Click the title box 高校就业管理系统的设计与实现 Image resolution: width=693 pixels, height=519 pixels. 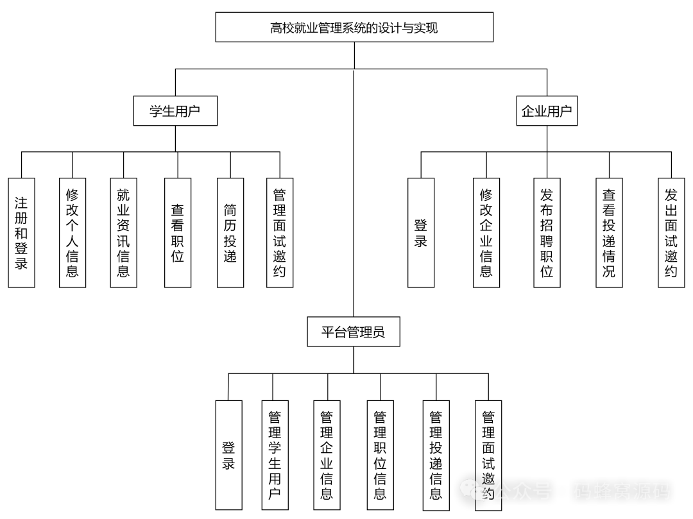(x=354, y=27)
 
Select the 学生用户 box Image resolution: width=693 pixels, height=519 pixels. (x=175, y=111)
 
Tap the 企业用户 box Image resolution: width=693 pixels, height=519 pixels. (x=547, y=111)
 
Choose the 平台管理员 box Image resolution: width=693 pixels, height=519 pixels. (x=354, y=332)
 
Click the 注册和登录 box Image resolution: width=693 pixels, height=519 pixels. (x=21, y=232)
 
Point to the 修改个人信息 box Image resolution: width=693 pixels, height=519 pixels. (x=73, y=232)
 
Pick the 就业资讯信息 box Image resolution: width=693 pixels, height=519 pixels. (x=123, y=232)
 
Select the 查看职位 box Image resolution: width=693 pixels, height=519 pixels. (x=178, y=232)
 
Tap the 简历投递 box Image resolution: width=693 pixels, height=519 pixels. (x=230, y=232)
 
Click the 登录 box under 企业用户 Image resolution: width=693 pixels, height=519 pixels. (x=421, y=232)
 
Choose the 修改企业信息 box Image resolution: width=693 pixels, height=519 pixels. (x=486, y=232)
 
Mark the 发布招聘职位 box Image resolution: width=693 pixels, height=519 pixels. (x=547, y=232)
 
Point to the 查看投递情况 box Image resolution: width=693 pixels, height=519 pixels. (x=609, y=232)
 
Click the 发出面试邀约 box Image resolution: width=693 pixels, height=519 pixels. (x=671, y=232)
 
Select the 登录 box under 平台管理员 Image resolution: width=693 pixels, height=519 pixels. (x=228, y=455)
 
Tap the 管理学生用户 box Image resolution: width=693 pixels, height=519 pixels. (x=275, y=455)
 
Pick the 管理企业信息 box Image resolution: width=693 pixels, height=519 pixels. (x=327, y=455)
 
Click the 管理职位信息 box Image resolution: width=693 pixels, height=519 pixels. (x=380, y=455)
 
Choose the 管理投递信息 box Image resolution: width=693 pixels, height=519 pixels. (x=436, y=455)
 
